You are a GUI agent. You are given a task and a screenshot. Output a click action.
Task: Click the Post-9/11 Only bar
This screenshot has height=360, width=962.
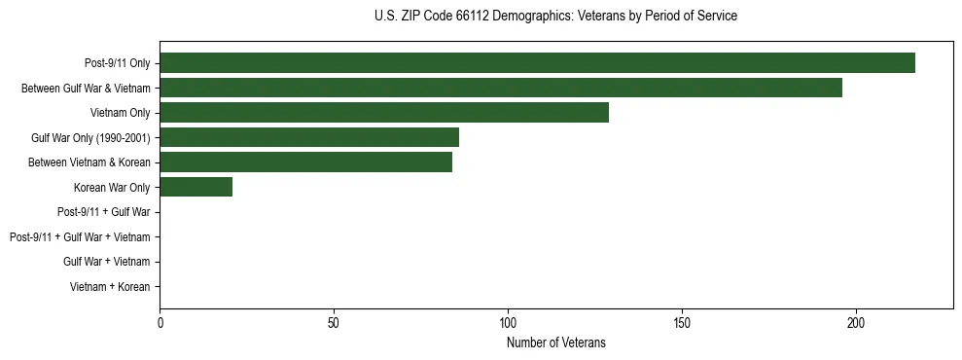pyautogui.click(x=537, y=62)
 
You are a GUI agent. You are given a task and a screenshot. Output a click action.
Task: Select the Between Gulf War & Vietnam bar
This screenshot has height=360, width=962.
pyautogui.click(x=501, y=88)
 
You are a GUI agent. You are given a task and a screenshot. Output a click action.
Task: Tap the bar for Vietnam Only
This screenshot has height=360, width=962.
pyautogui.click(x=384, y=113)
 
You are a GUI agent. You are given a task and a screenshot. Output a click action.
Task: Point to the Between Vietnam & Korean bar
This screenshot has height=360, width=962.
pyautogui.click(x=305, y=162)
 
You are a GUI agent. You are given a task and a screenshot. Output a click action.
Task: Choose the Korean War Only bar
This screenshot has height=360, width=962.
pyautogui.click(x=196, y=187)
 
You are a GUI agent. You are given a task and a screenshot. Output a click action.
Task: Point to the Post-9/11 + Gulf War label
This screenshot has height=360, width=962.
pyautogui.click(x=103, y=212)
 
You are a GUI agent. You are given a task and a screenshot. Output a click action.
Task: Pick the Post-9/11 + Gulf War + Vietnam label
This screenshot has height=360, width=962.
pyautogui.click(x=80, y=237)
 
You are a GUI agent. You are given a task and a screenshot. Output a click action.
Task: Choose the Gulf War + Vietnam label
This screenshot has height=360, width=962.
pyautogui.click(x=106, y=262)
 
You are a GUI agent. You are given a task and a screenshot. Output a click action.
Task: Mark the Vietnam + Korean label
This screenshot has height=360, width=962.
pyautogui.click(x=110, y=287)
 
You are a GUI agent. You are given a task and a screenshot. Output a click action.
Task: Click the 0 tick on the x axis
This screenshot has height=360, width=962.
pyautogui.click(x=160, y=322)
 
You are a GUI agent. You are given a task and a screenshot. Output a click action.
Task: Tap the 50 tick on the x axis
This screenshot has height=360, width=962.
pyautogui.click(x=334, y=322)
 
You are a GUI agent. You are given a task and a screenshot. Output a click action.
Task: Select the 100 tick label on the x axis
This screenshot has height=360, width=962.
pyautogui.click(x=508, y=322)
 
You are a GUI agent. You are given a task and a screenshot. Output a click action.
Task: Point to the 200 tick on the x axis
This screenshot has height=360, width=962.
pyautogui.click(x=856, y=322)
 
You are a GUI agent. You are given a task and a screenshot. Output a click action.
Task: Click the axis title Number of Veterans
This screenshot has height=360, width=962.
pyautogui.click(x=555, y=342)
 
